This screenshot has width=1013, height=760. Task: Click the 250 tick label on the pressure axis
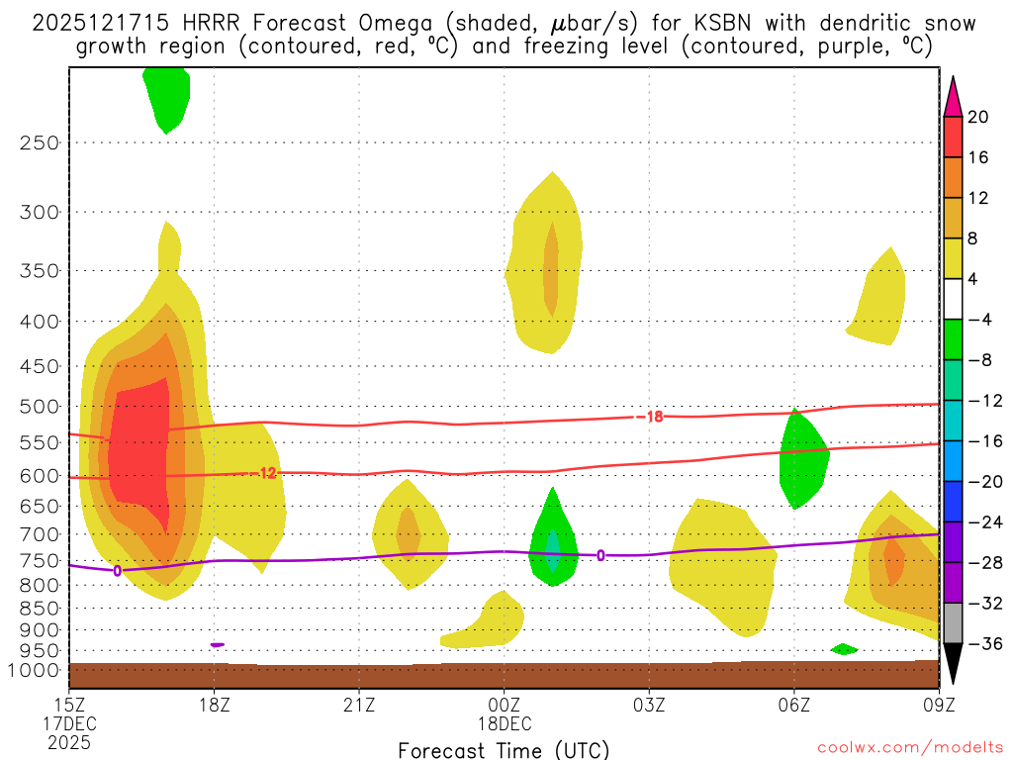pyautogui.click(x=39, y=142)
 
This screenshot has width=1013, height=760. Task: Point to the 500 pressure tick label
pyautogui.click(x=39, y=407)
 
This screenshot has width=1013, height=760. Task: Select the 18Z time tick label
pyautogui.click(x=215, y=706)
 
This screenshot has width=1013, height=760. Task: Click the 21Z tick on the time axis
pyautogui.click(x=359, y=706)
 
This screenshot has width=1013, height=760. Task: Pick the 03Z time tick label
pyautogui.click(x=649, y=706)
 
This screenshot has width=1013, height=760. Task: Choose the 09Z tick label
pyautogui.click(x=938, y=706)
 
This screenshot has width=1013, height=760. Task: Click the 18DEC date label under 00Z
pyautogui.click(x=505, y=724)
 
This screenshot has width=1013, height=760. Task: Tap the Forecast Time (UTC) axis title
pyautogui.click(x=504, y=749)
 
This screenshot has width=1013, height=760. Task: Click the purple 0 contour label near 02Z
pyautogui.click(x=600, y=555)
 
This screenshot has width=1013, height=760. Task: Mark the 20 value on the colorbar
pyautogui.click(x=978, y=117)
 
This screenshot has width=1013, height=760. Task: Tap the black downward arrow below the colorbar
pyautogui.click(x=952, y=664)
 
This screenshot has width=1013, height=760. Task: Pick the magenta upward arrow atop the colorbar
pyautogui.click(x=952, y=97)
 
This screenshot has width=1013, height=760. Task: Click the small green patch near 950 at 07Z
pyautogui.click(x=844, y=649)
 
